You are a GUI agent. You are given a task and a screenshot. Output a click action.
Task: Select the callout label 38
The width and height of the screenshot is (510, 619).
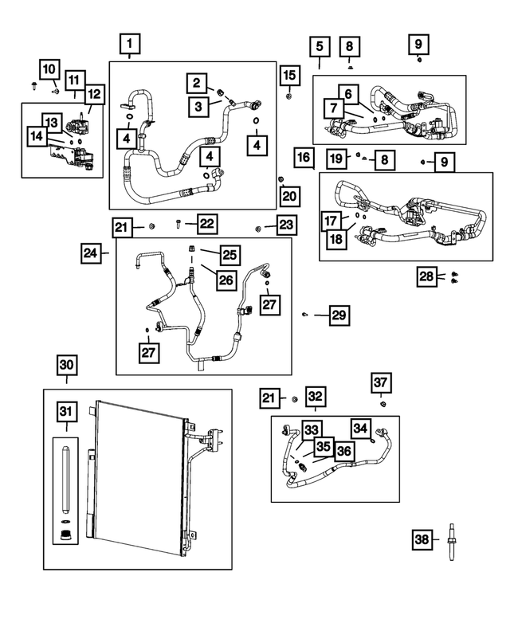click(424, 540)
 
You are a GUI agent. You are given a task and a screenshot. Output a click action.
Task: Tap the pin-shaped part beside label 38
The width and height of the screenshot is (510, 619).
click(453, 541)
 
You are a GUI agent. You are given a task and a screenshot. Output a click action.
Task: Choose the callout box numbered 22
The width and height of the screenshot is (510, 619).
click(206, 224)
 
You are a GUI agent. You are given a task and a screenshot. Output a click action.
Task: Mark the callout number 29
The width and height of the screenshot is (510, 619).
click(339, 316)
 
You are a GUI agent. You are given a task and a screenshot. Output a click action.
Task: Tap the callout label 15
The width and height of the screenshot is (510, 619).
click(288, 75)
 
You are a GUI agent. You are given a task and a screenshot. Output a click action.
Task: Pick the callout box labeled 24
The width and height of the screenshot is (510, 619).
click(90, 254)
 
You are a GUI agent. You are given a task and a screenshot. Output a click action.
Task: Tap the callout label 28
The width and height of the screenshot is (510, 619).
click(426, 276)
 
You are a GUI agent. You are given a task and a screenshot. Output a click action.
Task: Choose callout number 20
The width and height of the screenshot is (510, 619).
click(288, 195)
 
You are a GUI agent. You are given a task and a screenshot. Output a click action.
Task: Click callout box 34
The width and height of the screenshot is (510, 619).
click(361, 429)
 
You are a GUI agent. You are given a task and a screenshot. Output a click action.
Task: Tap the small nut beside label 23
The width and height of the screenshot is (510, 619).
click(259, 229)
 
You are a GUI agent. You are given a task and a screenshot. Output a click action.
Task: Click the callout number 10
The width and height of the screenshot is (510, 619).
click(49, 69)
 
